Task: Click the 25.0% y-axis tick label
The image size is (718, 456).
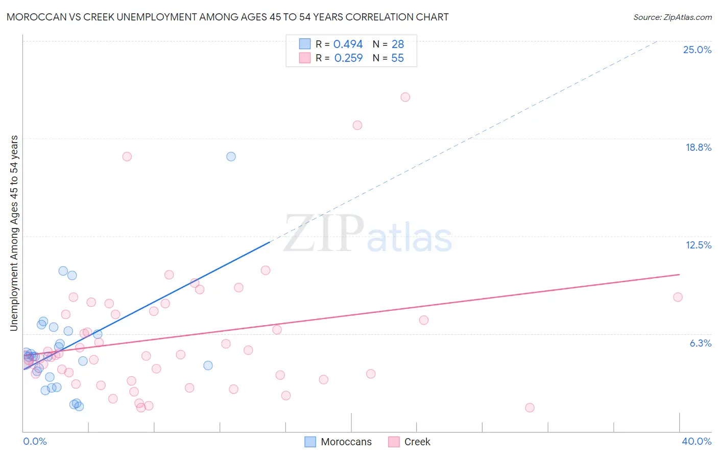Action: [697, 50]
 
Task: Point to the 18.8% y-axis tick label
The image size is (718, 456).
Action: [698, 147]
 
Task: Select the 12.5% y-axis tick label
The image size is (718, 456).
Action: [698, 245]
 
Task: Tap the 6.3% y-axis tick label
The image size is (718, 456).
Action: [700, 343]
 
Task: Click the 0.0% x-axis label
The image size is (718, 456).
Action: [35, 441]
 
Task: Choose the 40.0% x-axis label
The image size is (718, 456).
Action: [696, 441]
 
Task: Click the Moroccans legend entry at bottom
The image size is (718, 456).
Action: [339, 442]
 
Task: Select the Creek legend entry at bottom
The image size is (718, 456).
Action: [410, 442]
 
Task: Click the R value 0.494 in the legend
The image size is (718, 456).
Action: [348, 44]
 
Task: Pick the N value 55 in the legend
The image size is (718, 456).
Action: [397, 58]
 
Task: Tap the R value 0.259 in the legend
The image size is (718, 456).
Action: [348, 58]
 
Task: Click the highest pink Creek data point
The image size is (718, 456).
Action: [405, 97]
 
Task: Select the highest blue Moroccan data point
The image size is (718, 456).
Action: [231, 156]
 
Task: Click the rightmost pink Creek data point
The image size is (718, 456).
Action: [678, 297]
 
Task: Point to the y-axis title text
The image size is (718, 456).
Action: [14, 233]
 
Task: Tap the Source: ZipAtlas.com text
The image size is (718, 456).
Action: [672, 17]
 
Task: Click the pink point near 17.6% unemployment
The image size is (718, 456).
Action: [127, 156]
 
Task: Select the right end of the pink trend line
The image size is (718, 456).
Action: [679, 275]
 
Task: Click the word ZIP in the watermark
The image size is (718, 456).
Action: [323, 234]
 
